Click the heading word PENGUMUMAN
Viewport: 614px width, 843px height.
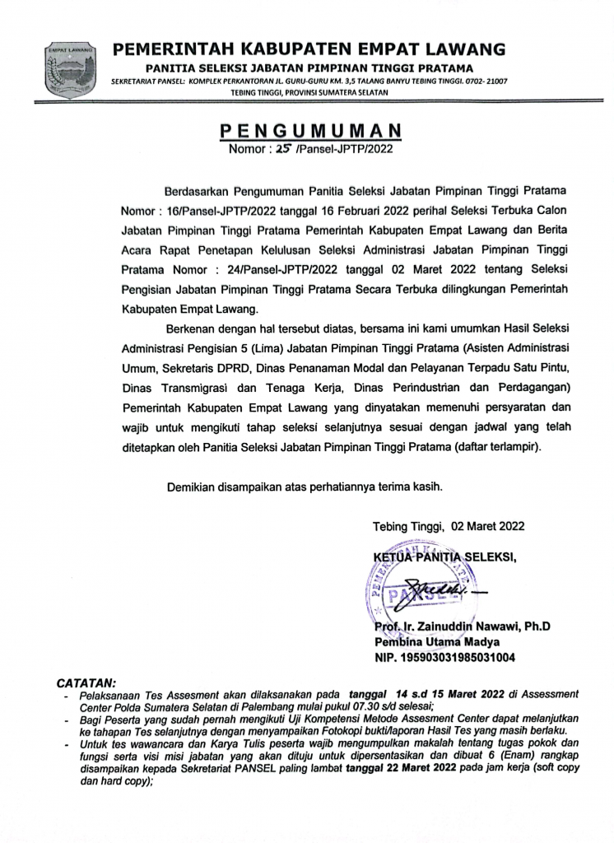[x=310, y=132]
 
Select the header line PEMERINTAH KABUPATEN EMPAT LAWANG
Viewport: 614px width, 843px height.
[x=309, y=49]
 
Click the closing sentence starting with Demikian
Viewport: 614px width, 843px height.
[x=305, y=487]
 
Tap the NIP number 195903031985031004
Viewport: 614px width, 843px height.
[x=444, y=658]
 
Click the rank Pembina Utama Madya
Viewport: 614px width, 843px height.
[x=432, y=642]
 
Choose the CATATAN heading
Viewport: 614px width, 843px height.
[x=86, y=683]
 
